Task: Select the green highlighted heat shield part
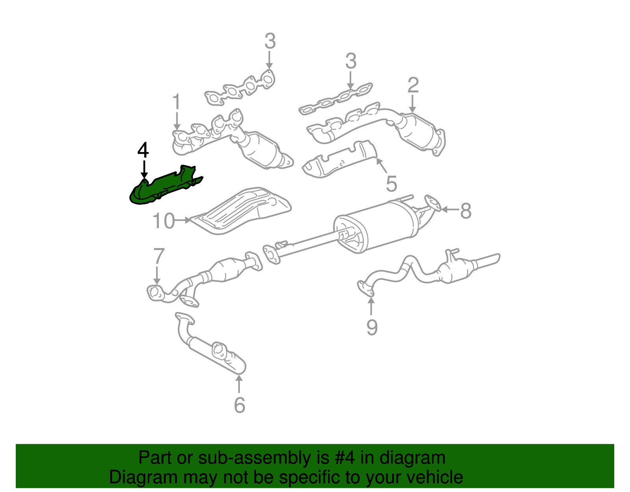pyautogui.click(x=165, y=187)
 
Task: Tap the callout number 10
pyautogui.click(x=163, y=221)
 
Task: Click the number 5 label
pyautogui.click(x=391, y=184)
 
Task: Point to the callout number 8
pyautogui.click(x=466, y=211)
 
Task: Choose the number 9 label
pyautogui.click(x=372, y=327)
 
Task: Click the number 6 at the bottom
pyautogui.click(x=239, y=405)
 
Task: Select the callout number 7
pyautogui.click(x=158, y=256)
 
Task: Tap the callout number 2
pyautogui.click(x=413, y=85)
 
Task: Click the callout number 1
pyautogui.click(x=176, y=102)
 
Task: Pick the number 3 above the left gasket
pyautogui.click(x=270, y=41)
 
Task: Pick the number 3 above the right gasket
pyautogui.click(x=351, y=61)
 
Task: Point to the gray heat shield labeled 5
pyautogui.click(x=339, y=161)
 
